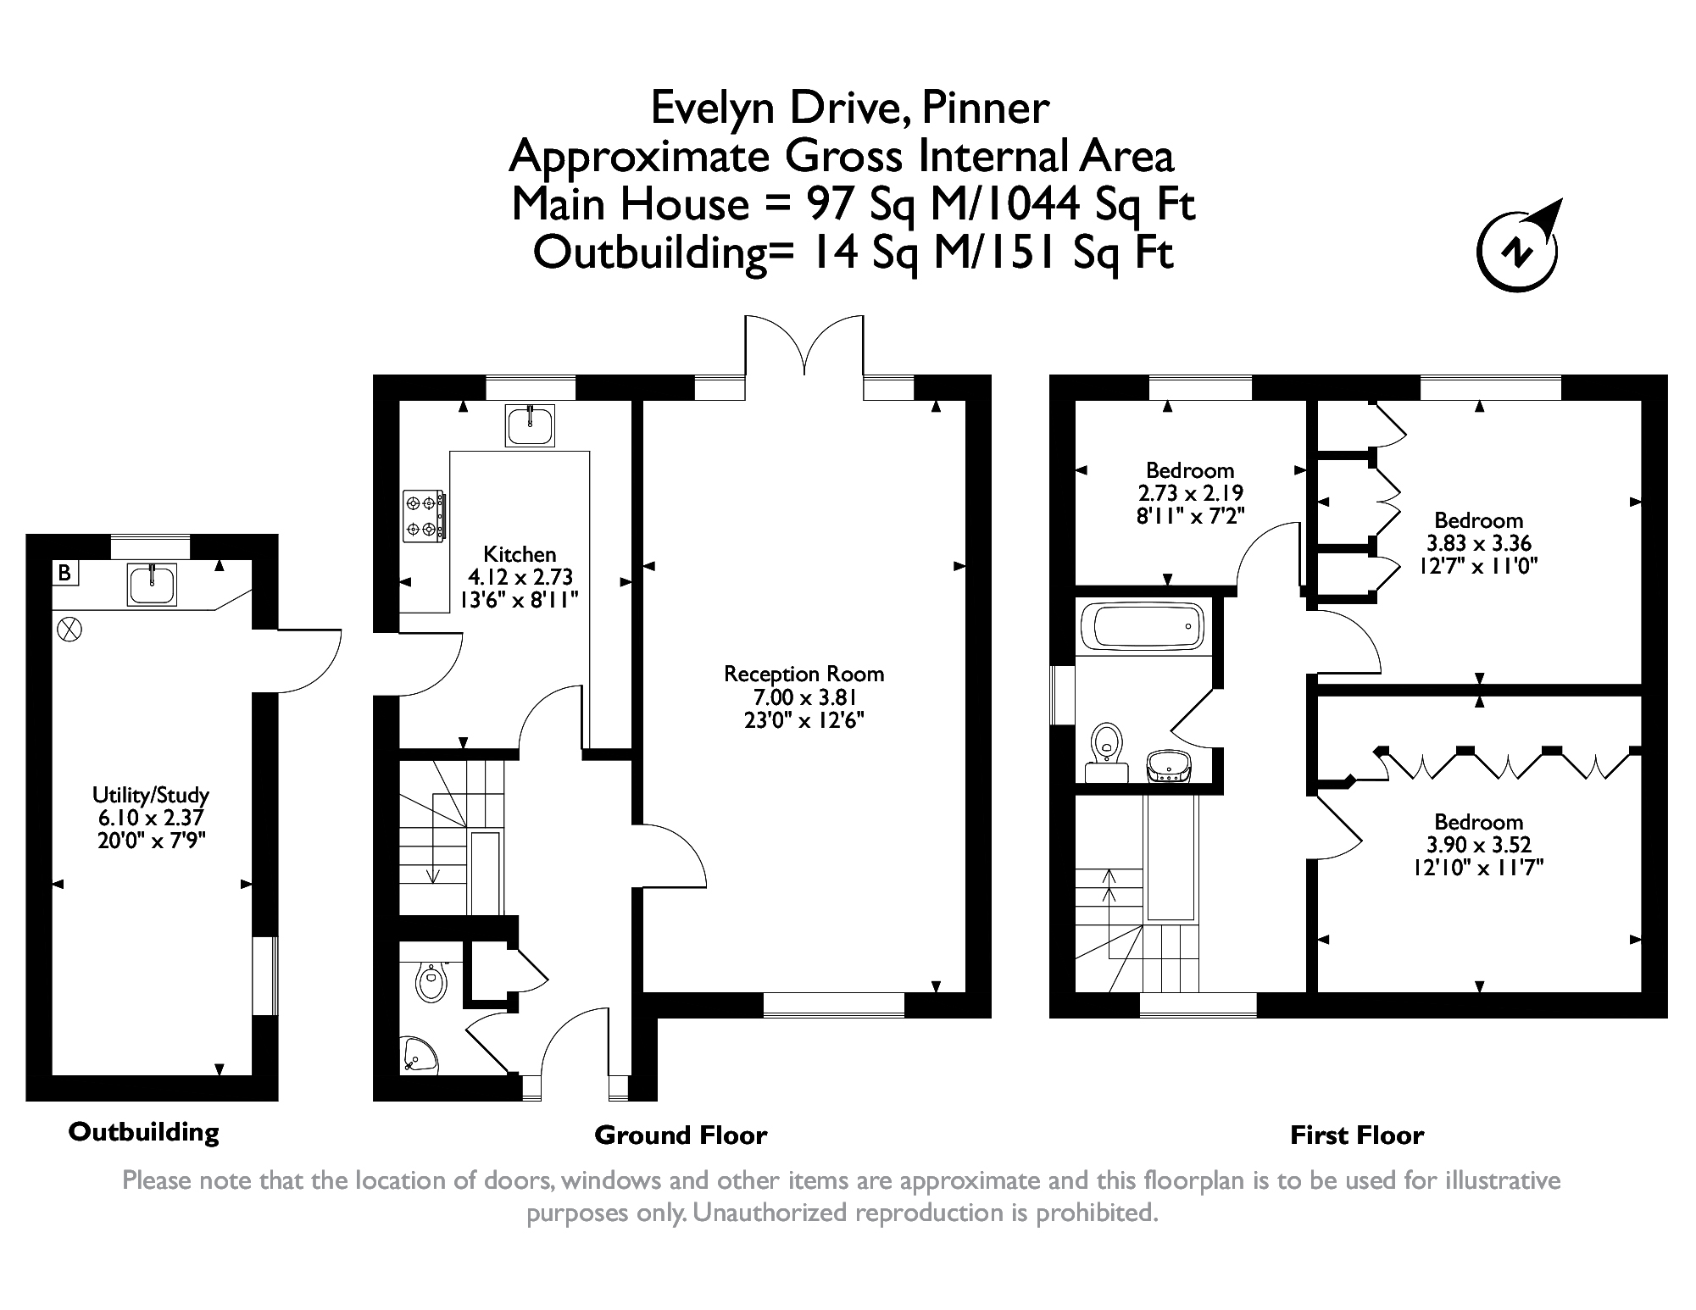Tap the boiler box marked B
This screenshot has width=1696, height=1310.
(x=64, y=573)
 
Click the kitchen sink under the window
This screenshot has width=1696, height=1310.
(x=531, y=425)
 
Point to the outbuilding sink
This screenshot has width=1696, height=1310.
(x=153, y=584)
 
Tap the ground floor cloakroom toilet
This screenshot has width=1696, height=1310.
(x=431, y=983)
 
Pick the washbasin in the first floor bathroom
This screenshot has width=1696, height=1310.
(x=1169, y=766)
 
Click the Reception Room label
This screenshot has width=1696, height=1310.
(x=804, y=674)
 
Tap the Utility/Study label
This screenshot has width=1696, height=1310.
(x=151, y=796)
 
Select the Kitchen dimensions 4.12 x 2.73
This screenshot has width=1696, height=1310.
(x=520, y=577)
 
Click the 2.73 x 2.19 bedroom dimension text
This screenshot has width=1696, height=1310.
(x=1190, y=493)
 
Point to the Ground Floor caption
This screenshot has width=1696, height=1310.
(x=681, y=1135)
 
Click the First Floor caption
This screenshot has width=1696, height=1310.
(x=1357, y=1135)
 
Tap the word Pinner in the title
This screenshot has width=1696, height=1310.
(x=985, y=108)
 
